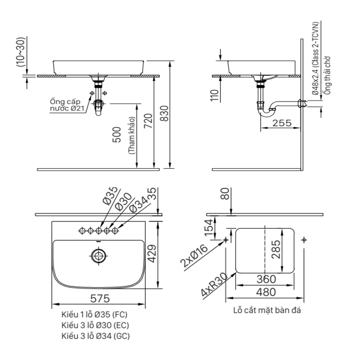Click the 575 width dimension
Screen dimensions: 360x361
(x=100, y=299)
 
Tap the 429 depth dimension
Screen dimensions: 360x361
(x=152, y=254)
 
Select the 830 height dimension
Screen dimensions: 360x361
(x=164, y=114)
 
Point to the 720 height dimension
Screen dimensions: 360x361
(x=148, y=121)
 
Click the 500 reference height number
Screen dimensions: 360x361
(x=117, y=135)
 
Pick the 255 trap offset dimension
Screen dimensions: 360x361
(x=282, y=123)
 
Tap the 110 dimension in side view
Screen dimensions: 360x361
(x=214, y=95)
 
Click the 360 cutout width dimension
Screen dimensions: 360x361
(x=266, y=279)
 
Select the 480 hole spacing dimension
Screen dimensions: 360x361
(x=266, y=292)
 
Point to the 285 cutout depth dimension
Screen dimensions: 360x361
(x=276, y=250)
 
